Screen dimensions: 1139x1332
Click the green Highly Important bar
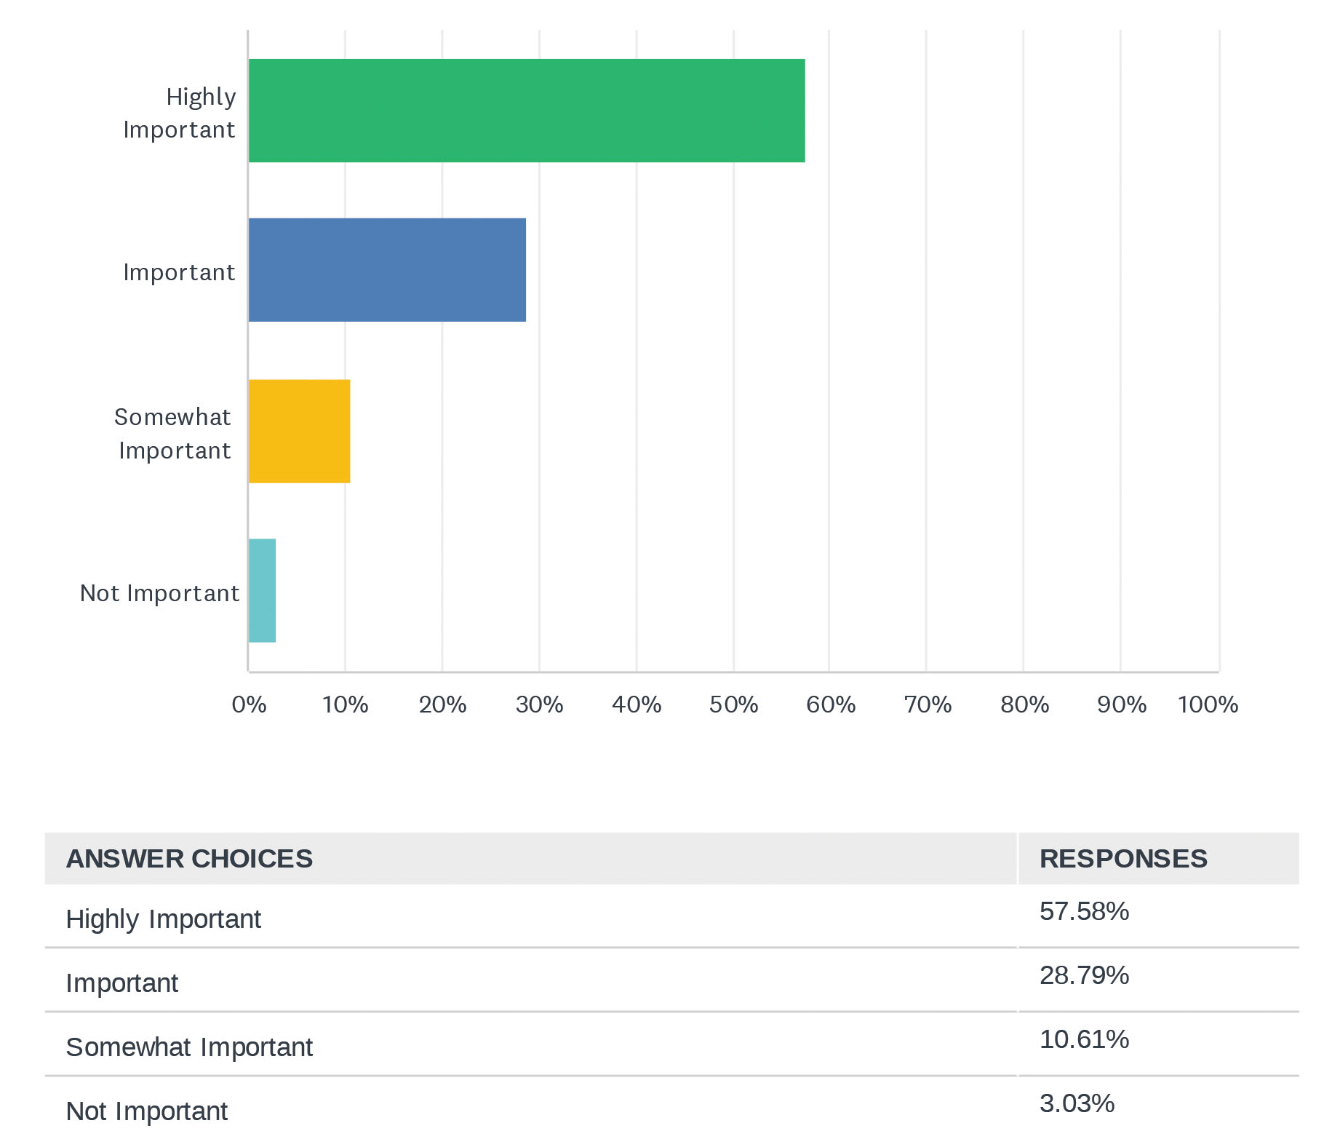click(526, 111)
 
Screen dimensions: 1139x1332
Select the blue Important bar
click(387, 270)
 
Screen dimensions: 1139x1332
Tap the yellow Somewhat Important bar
click(299, 431)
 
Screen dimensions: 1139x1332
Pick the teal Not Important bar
click(262, 590)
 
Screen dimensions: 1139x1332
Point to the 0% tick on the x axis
click(249, 705)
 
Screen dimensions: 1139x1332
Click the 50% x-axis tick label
click(733, 705)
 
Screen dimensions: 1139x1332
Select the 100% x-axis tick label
click(1208, 705)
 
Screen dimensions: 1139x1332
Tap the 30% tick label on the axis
click(539, 705)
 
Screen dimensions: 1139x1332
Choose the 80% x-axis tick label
click(1024, 705)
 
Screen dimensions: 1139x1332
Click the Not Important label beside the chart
click(159, 593)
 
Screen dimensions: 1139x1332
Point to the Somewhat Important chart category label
click(173, 434)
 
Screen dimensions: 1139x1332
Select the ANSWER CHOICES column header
click(189, 859)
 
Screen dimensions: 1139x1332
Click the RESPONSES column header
click(1122, 859)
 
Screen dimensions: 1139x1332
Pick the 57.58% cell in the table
click(1084, 911)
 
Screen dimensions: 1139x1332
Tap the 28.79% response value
click(1084, 975)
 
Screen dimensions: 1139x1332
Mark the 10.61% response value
click(1084, 1039)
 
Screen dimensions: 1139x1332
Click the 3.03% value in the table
click(1077, 1103)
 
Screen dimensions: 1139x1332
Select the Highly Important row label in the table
click(163, 919)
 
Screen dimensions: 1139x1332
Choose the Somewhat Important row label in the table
click(189, 1047)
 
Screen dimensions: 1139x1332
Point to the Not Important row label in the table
click(146, 1111)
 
